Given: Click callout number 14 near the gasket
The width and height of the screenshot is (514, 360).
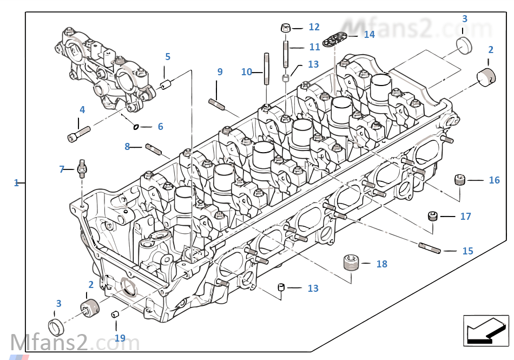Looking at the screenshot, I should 369,35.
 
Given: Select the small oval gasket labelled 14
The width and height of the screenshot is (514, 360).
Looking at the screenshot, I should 334,39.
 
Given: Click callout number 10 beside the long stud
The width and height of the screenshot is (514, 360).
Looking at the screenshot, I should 246,71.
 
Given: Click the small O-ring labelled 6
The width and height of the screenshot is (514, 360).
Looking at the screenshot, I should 136,127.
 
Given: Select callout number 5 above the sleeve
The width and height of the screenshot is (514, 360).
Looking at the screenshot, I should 168,56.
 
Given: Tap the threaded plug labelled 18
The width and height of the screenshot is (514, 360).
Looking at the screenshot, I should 352,264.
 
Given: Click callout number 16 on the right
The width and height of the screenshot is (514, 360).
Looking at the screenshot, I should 494,180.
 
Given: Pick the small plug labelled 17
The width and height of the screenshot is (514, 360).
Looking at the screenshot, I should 433,217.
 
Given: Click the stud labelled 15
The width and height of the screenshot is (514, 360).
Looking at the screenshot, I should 431,248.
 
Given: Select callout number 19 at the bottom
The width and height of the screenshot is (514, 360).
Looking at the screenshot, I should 120,338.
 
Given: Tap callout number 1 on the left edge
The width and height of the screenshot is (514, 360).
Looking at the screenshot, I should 16,183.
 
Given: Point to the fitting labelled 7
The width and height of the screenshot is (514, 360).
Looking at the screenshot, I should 82,168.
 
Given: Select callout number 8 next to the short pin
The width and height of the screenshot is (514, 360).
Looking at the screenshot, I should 127,146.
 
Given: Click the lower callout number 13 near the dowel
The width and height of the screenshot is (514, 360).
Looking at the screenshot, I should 313,289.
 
